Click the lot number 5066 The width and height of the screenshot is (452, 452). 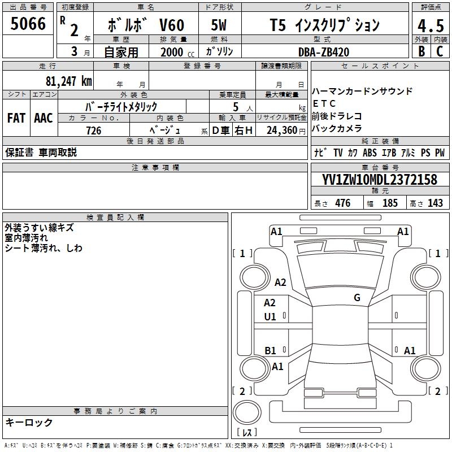[28, 24]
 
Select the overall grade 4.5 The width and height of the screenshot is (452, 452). [429, 27]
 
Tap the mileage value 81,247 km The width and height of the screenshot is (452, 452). [68, 81]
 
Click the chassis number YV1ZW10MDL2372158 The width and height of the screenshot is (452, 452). [380, 180]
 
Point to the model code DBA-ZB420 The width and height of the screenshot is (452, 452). [323, 52]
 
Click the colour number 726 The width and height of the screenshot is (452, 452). [94, 131]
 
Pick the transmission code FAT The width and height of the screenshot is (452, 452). [16, 118]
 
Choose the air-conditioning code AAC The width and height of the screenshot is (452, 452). [43, 118]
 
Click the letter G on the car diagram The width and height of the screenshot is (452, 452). [357, 298]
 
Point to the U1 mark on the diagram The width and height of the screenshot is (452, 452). [270, 317]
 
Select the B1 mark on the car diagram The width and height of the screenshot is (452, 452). [270, 351]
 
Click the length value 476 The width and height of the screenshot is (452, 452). [342, 203]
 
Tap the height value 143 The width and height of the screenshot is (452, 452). [435, 203]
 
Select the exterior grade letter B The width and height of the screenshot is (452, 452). [421, 52]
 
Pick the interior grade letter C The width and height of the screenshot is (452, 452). [440, 52]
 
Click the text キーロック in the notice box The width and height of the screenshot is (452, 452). [29, 423]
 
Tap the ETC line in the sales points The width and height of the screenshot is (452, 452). [324, 104]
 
